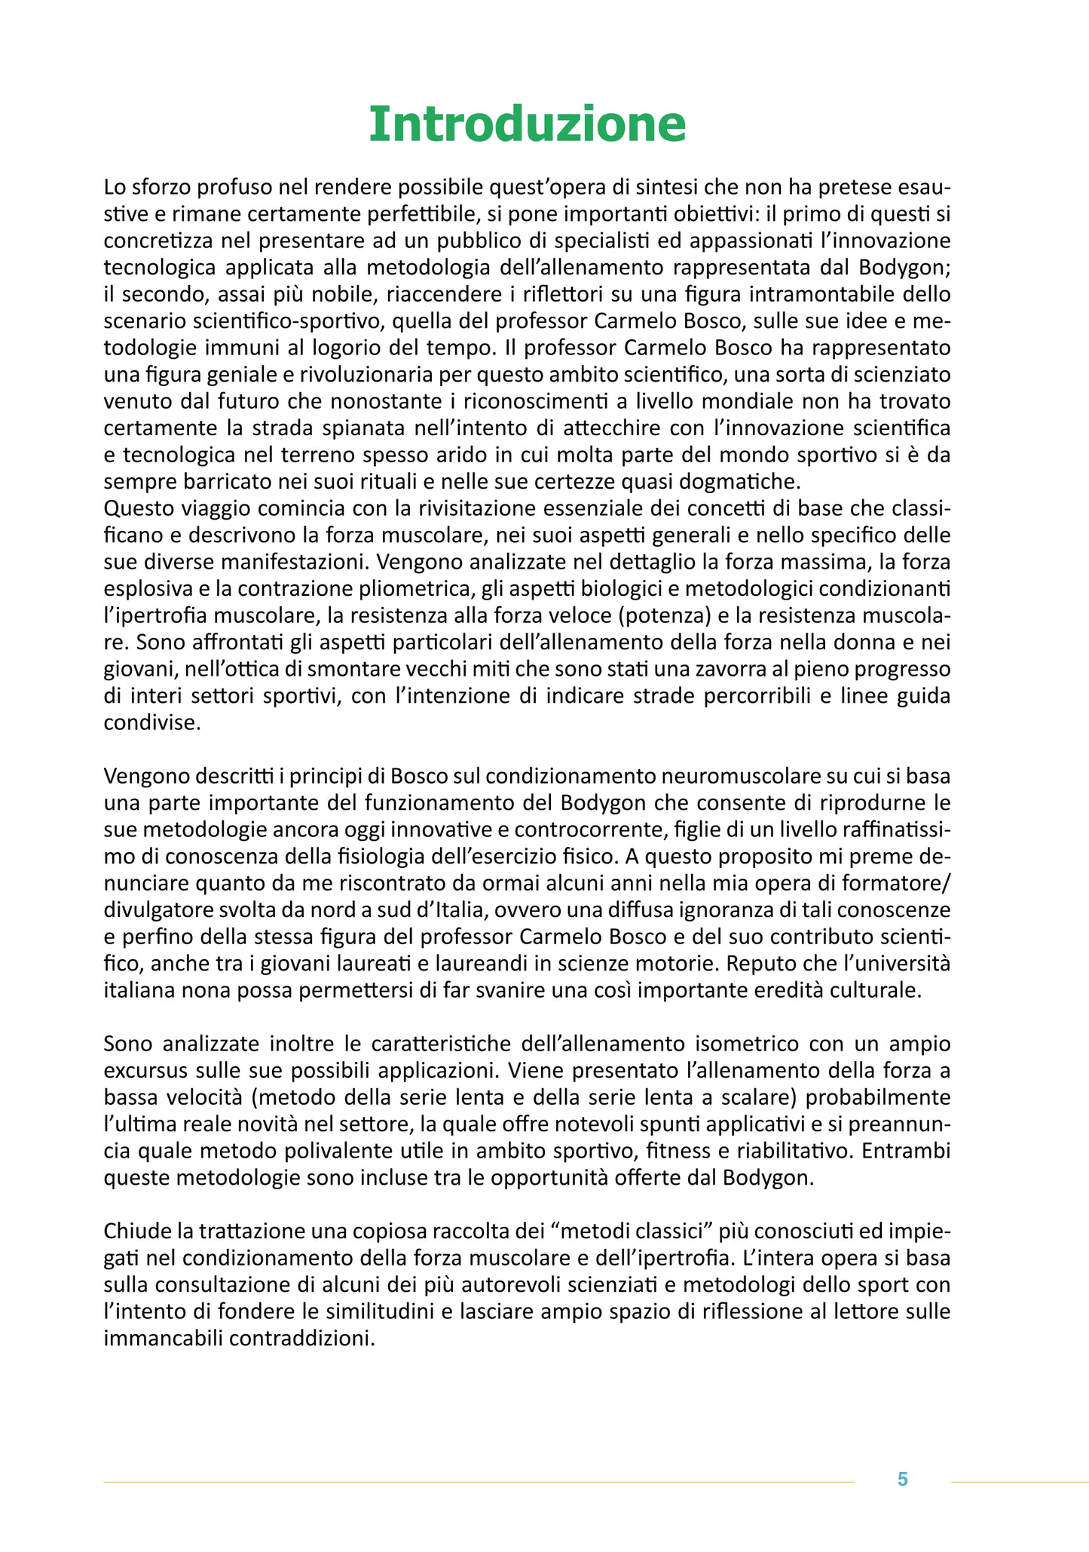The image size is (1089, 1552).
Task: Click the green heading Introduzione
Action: click(527, 124)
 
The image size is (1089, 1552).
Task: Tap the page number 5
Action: click(902, 1480)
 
